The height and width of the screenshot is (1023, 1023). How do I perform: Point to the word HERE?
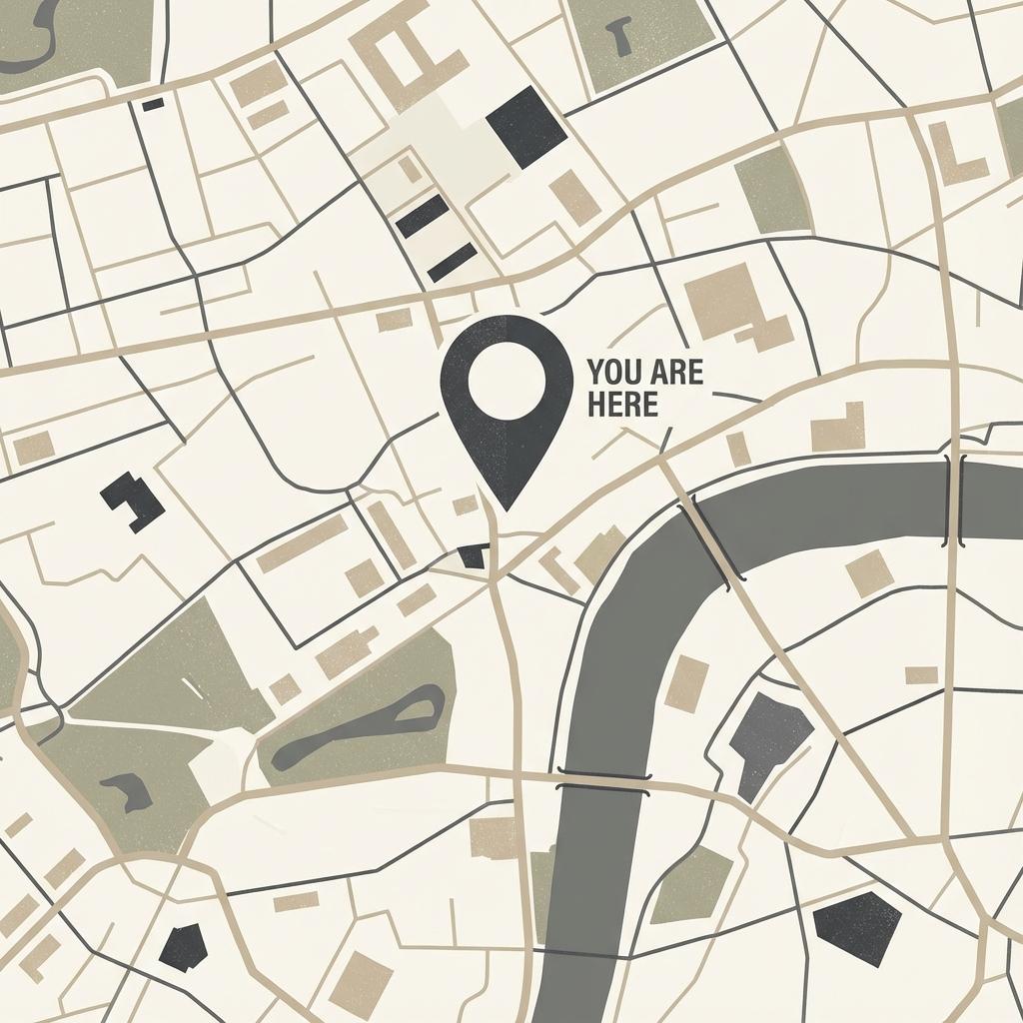(x=623, y=406)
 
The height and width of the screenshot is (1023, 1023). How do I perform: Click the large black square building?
(x=526, y=127)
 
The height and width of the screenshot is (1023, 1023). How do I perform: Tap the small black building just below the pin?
(x=474, y=556)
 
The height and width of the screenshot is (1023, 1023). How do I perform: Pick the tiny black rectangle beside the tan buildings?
(x=153, y=104)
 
